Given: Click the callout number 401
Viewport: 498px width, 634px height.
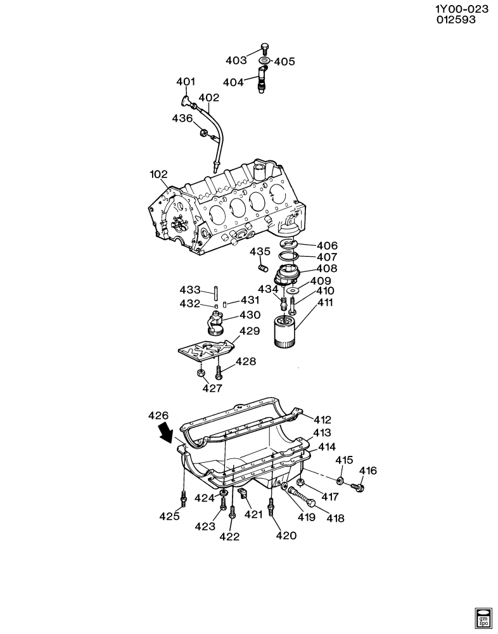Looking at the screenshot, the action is (x=186, y=82).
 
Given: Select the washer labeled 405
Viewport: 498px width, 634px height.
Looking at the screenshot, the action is (x=264, y=61).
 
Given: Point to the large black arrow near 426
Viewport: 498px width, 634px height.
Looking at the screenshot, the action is (x=165, y=433).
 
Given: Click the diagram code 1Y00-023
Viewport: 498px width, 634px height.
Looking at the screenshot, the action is (x=461, y=8).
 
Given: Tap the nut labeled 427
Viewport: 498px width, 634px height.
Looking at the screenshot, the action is (x=200, y=373).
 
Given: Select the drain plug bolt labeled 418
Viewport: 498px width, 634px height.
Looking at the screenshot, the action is (x=302, y=496).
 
